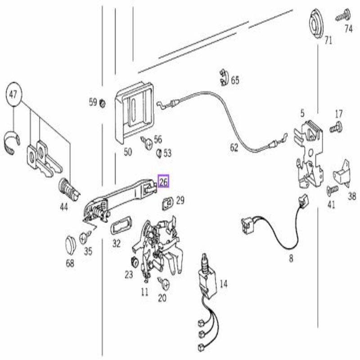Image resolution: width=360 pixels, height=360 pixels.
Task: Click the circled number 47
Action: [13, 94]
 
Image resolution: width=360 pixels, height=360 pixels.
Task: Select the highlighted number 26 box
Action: [163, 182]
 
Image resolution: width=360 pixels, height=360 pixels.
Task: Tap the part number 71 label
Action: [328, 41]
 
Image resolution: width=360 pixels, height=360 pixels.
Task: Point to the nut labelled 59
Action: [102, 103]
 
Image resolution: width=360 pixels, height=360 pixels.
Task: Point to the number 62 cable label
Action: [234, 147]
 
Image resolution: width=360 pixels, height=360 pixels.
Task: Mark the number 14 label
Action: [224, 284]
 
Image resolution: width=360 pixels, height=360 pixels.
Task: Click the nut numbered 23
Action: [134, 261]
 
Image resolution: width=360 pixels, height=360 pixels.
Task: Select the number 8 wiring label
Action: [291, 258]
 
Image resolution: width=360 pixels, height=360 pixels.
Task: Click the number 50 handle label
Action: [128, 152]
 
